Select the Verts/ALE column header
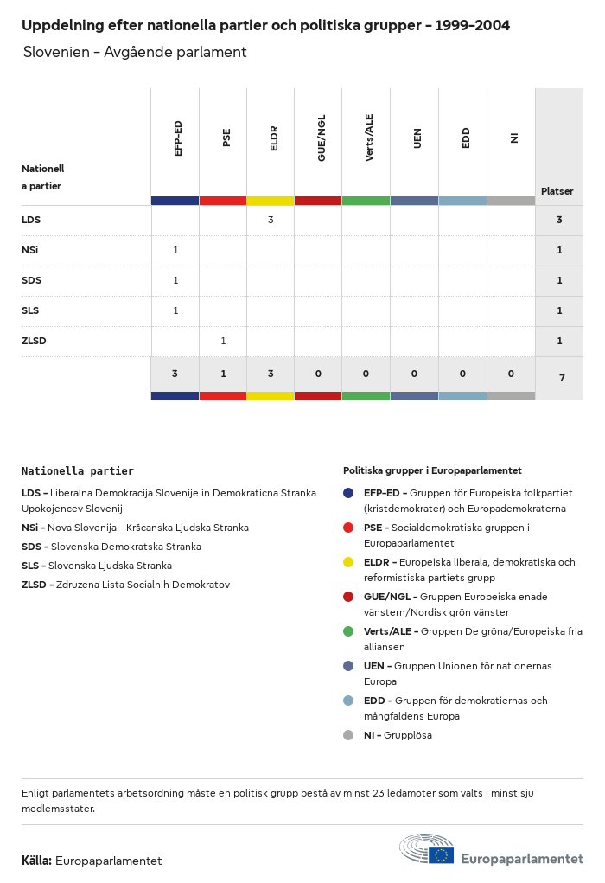tap(369, 138)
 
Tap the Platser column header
tap(557, 191)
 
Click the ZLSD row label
tap(34, 341)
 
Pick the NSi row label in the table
tap(30, 250)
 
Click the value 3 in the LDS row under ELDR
tap(271, 220)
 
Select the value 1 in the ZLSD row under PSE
tap(223, 341)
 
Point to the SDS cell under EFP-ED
tap(175, 280)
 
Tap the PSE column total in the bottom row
tap(223, 374)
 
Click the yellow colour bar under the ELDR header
tap(271, 201)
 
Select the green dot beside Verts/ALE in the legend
tap(348, 631)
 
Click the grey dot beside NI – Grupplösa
tap(348, 735)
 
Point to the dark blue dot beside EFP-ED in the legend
tap(348, 493)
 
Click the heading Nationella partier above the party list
tap(78, 471)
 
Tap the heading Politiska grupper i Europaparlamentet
tap(432, 470)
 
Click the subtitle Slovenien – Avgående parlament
tap(135, 53)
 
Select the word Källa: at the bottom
tap(36, 861)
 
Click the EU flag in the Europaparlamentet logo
tap(441, 854)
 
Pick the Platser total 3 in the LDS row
tap(559, 220)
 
